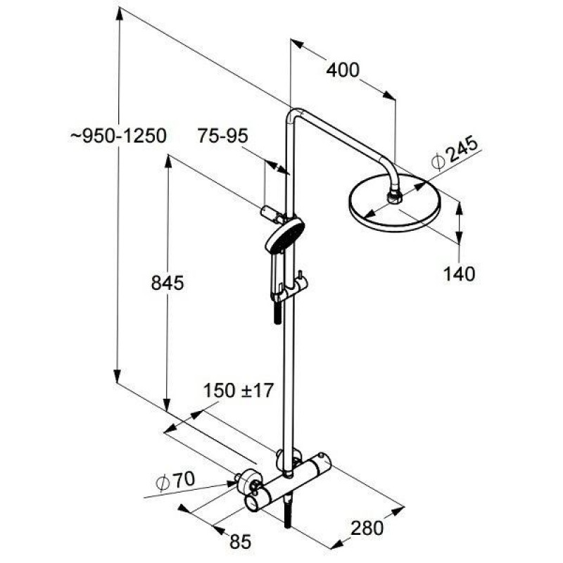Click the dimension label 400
(x=343, y=70)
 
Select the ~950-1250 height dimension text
(x=118, y=136)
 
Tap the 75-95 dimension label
(x=222, y=136)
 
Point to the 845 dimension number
(x=167, y=283)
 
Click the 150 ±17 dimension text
(x=239, y=391)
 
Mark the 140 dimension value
(x=459, y=274)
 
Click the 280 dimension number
(x=367, y=528)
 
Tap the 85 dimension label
(x=240, y=542)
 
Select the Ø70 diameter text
(x=176, y=481)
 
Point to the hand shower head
(x=285, y=235)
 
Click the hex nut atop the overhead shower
(x=395, y=198)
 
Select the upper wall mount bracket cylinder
(x=271, y=215)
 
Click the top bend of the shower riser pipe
(x=293, y=114)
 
